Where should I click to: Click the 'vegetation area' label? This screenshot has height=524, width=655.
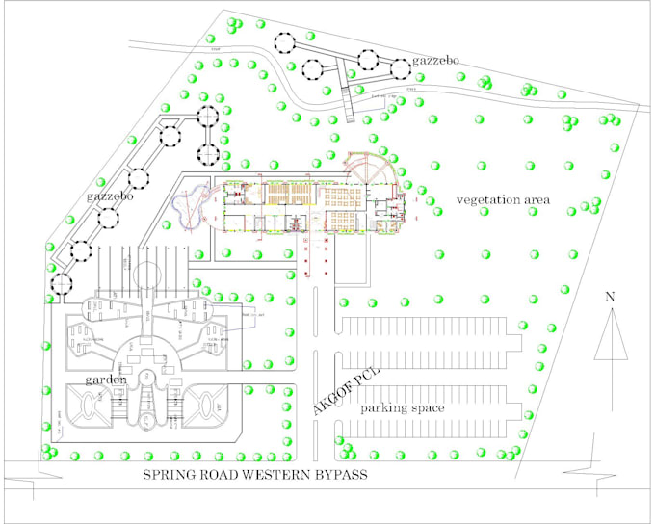point(503,199)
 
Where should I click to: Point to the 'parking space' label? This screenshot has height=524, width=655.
point(403,408)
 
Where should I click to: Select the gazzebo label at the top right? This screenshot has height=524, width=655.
point(436,61)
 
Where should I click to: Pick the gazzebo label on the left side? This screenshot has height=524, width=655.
point(108,196)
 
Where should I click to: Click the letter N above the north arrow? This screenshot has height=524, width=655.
point(610,297)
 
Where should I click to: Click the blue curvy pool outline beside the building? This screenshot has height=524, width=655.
point(189,199)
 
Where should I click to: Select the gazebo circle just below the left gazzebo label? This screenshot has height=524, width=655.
point(109,217)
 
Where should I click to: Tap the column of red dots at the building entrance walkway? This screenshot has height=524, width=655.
point(310,249)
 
